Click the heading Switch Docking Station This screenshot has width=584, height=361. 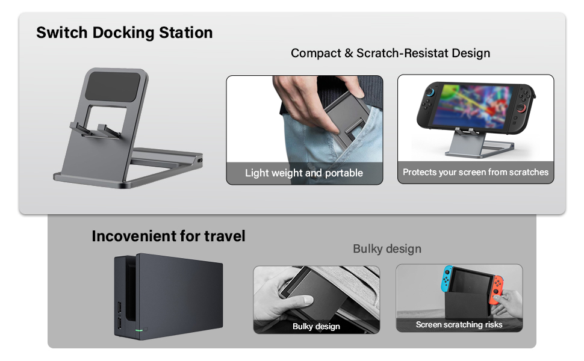pos(124,32)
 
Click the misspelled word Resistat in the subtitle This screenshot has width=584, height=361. pos(414,53)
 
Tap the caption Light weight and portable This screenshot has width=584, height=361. pos(304,173)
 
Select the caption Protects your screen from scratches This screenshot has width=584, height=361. pos(476,172)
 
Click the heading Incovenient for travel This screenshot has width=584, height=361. pos(169,236)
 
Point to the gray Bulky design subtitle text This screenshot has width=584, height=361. pos(387,249)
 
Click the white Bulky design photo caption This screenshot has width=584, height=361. pos(316,327)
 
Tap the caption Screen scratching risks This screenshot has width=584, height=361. pos(459,325)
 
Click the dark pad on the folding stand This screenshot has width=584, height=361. pos(116,87)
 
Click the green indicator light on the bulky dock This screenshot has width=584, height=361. pos(140,330)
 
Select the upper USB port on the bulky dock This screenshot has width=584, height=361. pos(119,309)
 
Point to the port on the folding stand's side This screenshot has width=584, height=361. pos(200,162)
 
